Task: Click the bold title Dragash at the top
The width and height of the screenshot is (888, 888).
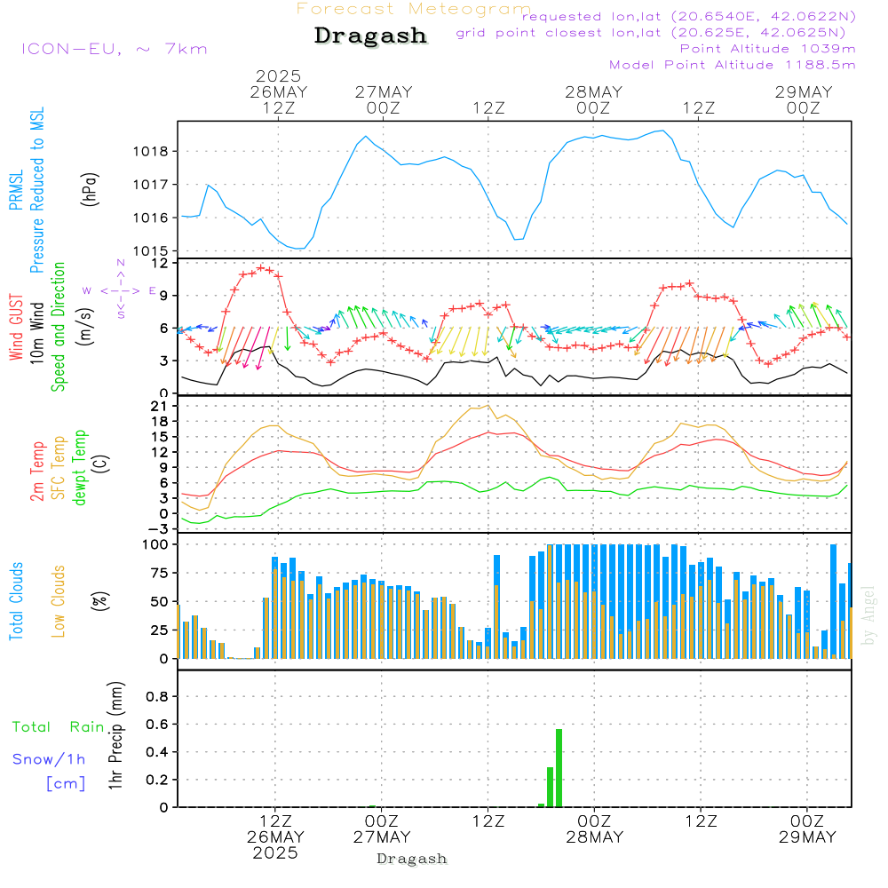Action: pos(370,36)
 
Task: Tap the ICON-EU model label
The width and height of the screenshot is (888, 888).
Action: pos(114,49)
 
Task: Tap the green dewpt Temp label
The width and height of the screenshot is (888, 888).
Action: pos(80,468)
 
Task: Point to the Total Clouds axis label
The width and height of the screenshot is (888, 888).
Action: pos(16,601)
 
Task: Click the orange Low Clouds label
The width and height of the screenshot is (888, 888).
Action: pos(59,601)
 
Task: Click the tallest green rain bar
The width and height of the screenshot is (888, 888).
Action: pos(559,768)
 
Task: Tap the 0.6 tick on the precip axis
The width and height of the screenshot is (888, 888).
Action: pos(157,724)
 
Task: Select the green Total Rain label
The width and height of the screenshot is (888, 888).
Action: pos(59,727)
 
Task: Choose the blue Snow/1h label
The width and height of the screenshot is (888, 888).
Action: pos(50,759)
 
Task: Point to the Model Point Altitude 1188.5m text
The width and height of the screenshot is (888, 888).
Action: pos(733,65)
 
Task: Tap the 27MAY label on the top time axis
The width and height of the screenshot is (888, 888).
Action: pos(384,92)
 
